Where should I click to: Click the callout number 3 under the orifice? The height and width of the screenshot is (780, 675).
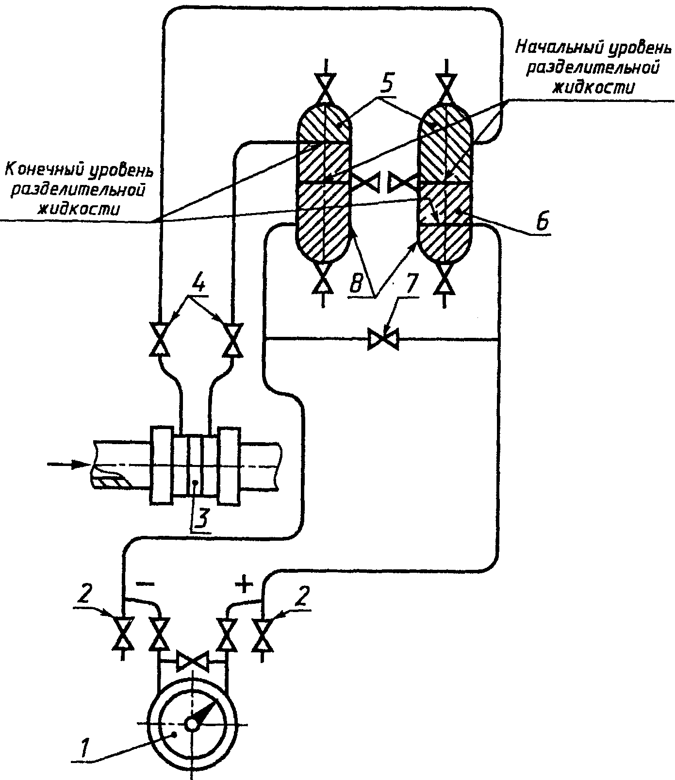[x=201, y=519]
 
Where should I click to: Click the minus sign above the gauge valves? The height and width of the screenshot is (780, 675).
[x=144, y=584]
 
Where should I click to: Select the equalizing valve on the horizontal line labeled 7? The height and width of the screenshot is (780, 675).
[x=383, y=338]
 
